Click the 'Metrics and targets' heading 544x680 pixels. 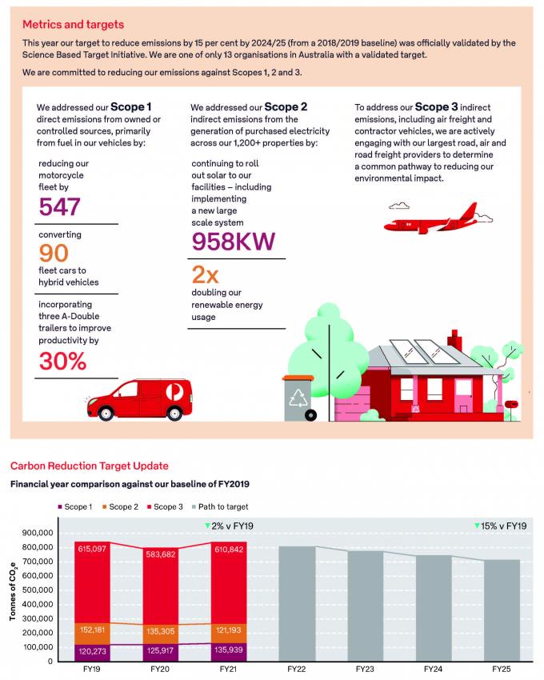point(73,24)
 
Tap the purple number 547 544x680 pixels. point(59,206)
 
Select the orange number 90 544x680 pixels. point(54,253)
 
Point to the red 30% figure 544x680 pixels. point(63,361)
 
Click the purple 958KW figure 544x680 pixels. point(234,242)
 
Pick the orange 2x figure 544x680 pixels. point(205,274)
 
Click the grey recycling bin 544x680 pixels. point(298,398)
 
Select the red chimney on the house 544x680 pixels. point(454,340)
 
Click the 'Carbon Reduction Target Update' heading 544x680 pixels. point(90,466)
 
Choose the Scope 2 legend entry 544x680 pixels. point(120,506)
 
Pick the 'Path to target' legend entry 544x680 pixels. point(220,506)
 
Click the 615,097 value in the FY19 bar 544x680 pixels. point(92,549)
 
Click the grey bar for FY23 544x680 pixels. point(366,606)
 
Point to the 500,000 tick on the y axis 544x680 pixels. point(38,590)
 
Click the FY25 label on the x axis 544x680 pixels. point(502,669)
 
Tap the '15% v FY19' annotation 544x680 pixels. point(501,526)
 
